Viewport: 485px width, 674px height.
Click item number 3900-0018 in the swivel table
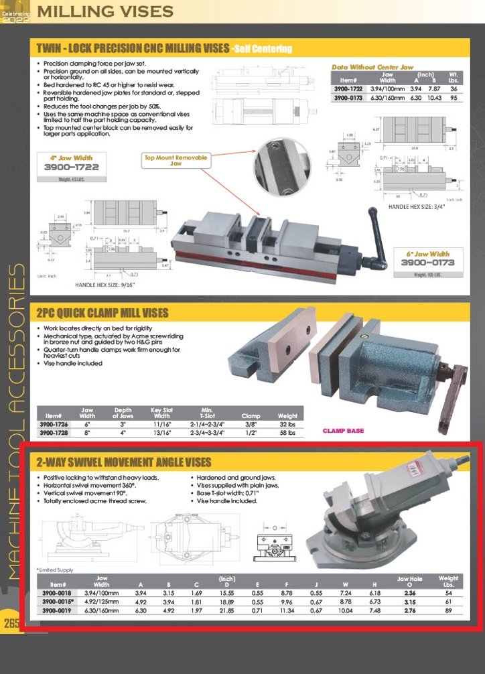coord(57,593)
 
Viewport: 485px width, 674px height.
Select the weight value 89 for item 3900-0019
coord(448,611)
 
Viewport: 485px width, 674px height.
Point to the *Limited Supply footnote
coord(55,569)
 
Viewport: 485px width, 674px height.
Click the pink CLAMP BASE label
coord(344,430)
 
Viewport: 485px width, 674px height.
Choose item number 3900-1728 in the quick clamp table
coord(57,433)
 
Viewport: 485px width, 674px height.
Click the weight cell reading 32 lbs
coord(287,425)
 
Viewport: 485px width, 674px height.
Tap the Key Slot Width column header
coord(163,413)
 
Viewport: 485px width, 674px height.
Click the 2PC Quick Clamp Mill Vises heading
coord(102,313)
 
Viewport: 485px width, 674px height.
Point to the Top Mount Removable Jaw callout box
coord(176,160)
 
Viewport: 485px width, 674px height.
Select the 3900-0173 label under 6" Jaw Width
coord(427,263)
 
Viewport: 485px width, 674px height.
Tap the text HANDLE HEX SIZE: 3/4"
coord(420,207)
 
